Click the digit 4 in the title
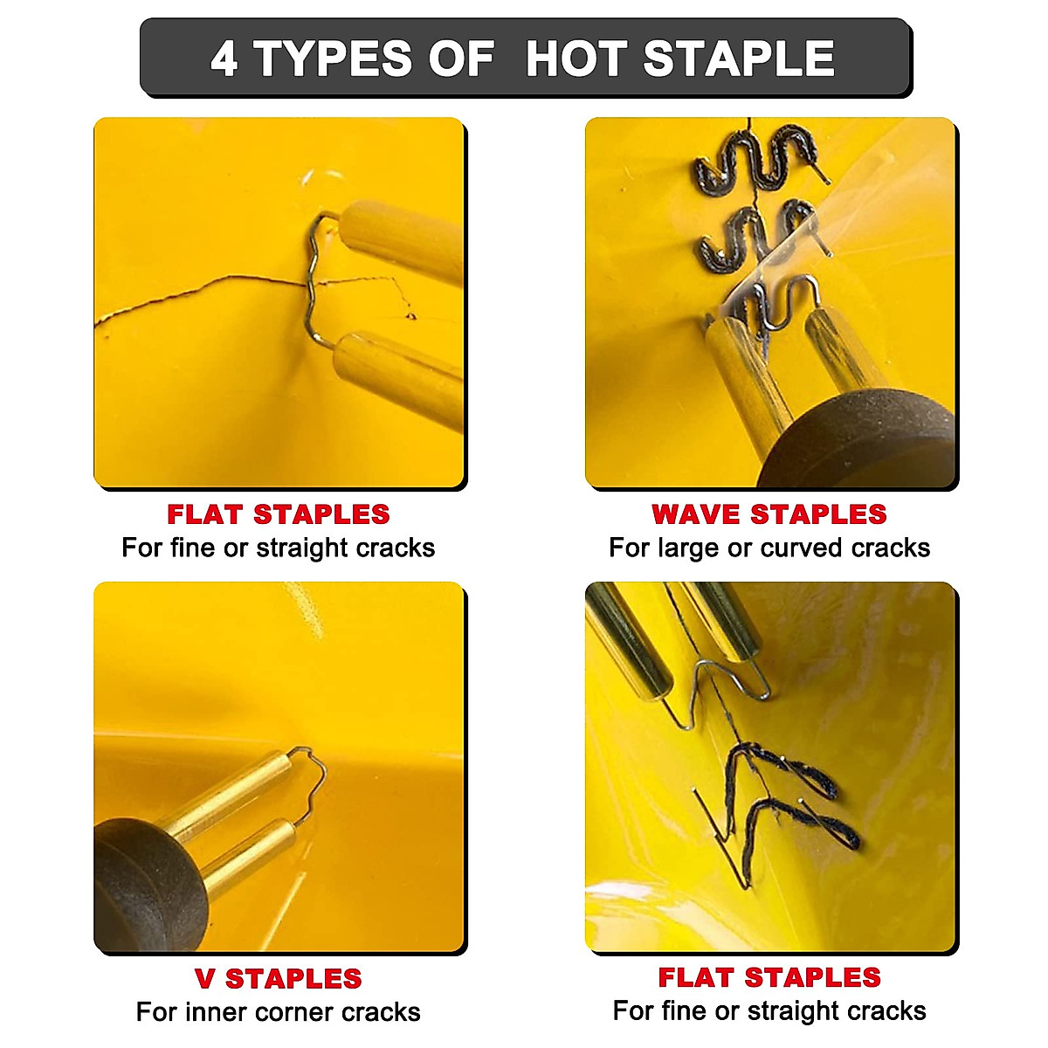[224, 59]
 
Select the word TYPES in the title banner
[333, 59]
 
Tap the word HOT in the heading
[576, 59]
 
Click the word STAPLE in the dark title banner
[739, 59]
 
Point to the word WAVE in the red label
[695, 514]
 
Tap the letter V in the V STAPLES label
[204, 979]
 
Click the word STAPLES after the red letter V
[293, 979]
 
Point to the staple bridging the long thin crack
[314, 279]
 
